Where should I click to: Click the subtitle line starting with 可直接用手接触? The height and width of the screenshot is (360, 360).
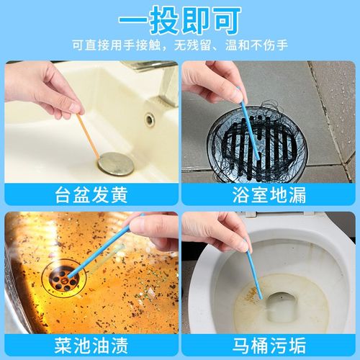(180, 45)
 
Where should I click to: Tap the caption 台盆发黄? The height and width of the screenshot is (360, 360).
(90, 193)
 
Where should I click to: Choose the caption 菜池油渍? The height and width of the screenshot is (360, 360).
(90, 343)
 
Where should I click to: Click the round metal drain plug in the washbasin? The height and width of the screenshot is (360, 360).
(115, 163)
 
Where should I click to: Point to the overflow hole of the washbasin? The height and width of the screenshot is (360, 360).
(150, 119)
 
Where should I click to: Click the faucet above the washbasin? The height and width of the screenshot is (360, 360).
(144, 66)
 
